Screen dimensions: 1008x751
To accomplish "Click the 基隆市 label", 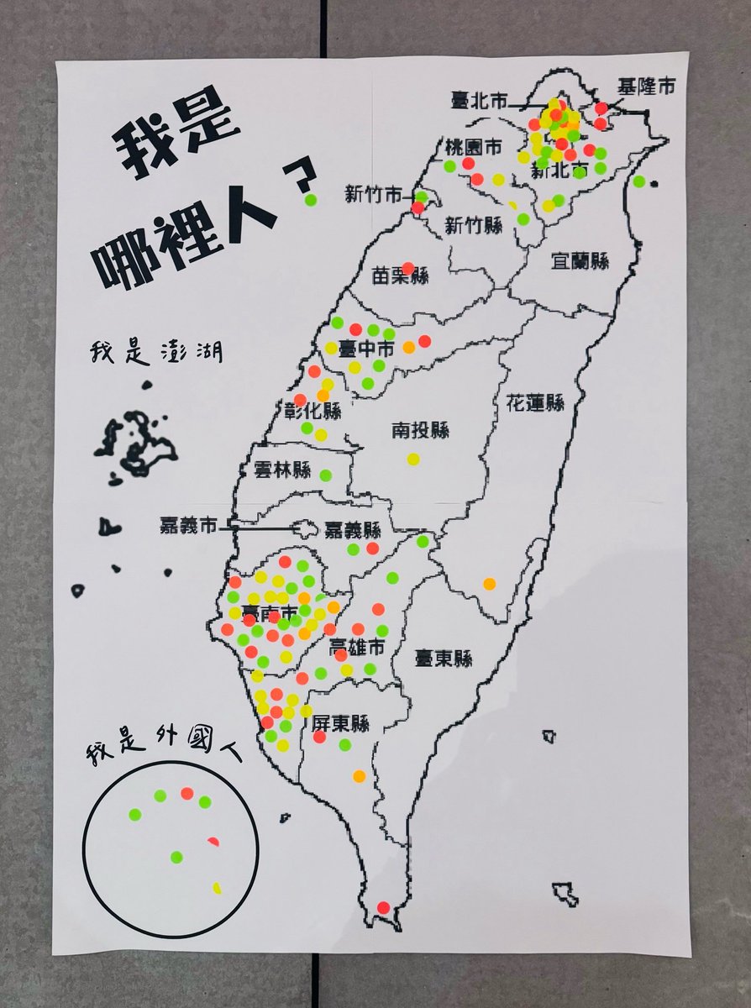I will click(x=646, y=87).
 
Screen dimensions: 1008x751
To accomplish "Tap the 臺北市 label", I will click(x=480, y=102).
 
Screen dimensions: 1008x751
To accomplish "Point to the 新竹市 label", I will click(x=373, y=196).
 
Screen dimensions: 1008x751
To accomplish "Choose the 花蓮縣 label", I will click(x=535, y=402).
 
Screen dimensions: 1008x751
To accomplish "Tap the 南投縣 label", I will click(x=420, y=431).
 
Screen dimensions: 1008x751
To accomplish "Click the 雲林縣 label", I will click(x=282, y=470).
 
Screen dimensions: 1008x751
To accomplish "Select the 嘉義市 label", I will click(x=189, y=527).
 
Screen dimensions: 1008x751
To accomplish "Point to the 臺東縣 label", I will click(x=444, y=659).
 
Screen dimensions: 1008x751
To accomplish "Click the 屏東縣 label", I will click(x=340, y=722).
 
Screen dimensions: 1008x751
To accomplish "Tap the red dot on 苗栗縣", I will click(x=408, y=268).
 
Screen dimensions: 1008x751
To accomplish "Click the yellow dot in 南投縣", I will click(x=413, y=459).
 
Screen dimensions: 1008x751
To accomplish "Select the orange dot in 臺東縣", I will click(x=489, y=583).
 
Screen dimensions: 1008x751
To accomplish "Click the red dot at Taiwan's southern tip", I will click(x=384, y=907).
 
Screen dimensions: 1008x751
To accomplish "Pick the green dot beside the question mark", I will click(x=311, y=200).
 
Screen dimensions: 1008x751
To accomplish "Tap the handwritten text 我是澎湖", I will click(x=158, y=350).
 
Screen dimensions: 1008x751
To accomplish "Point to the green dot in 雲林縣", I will click(x=326, y=475).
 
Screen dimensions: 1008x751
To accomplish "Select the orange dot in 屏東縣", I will click(x=360, y=776).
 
